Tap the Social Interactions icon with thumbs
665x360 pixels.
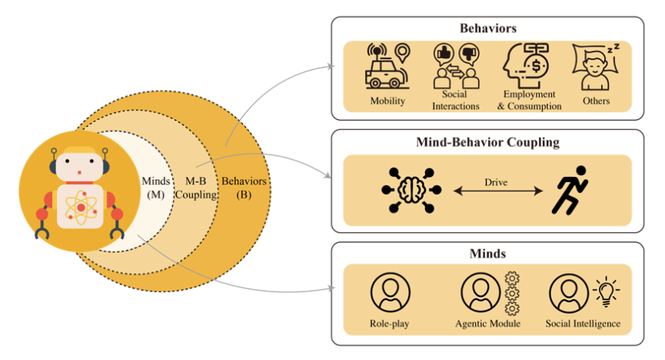click(457, 67)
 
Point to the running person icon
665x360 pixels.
click(570, 189)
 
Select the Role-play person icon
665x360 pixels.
click(391, 293)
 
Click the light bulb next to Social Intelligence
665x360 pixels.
click(606, 292)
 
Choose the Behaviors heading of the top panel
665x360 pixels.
click(487, 28)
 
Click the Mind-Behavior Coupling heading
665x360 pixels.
click(487, 142)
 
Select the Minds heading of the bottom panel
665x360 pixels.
click(487, 253)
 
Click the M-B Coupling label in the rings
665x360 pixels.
click(195, 188)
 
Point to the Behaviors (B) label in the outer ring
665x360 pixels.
click(244, 188)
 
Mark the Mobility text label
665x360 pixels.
click(387, 102)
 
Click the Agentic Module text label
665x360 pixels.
click(488, 324)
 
